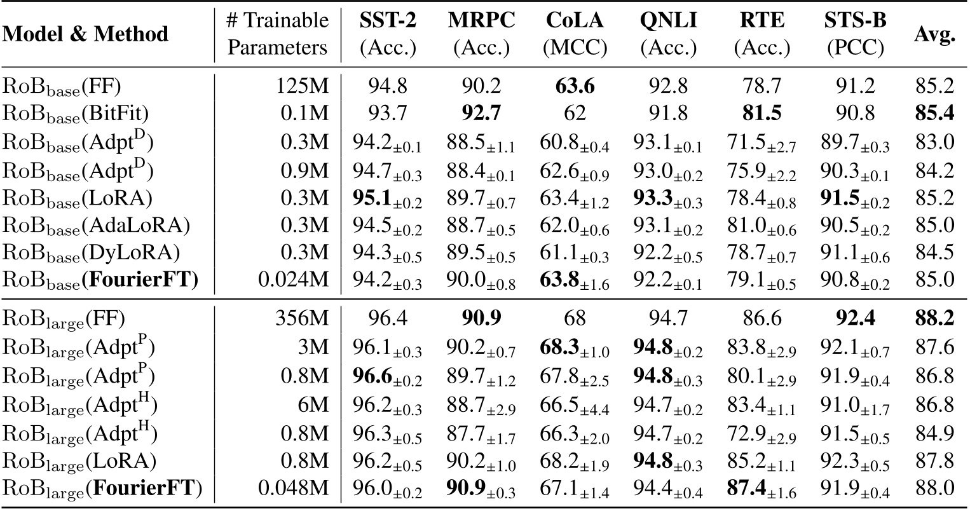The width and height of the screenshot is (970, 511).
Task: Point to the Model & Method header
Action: point(86,34)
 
